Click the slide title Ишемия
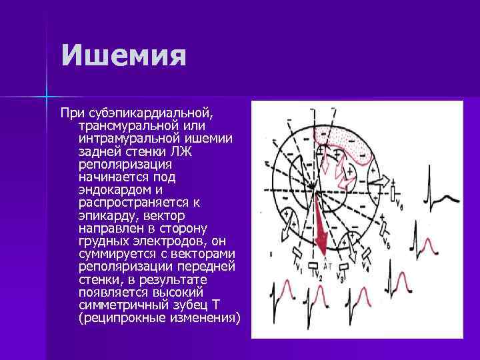point(123,56)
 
